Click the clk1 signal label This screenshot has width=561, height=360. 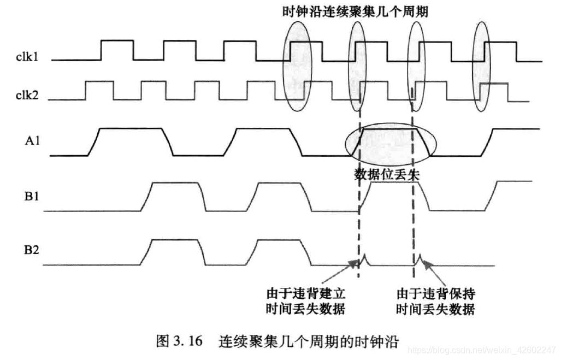click(x=27, y=56)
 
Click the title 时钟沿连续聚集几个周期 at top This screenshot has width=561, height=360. click(x=355, y=11)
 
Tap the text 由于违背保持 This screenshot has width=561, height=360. click(x=435, y=293)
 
